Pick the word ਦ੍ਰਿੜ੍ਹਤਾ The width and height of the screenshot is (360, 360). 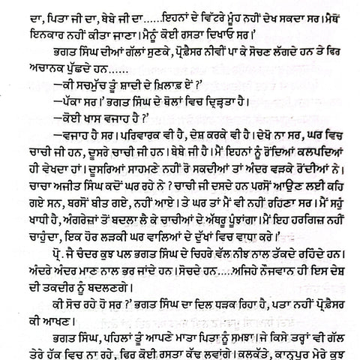[203, 122]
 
